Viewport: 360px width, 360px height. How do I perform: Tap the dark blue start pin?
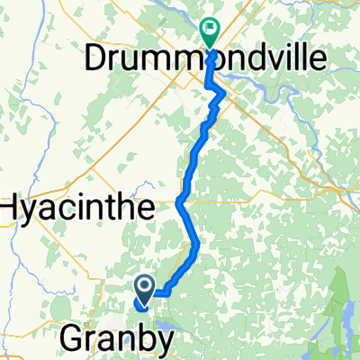[144, 290]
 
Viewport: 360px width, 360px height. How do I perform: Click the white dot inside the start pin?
[144, 287]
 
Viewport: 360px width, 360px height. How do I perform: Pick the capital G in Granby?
[72, 338]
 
